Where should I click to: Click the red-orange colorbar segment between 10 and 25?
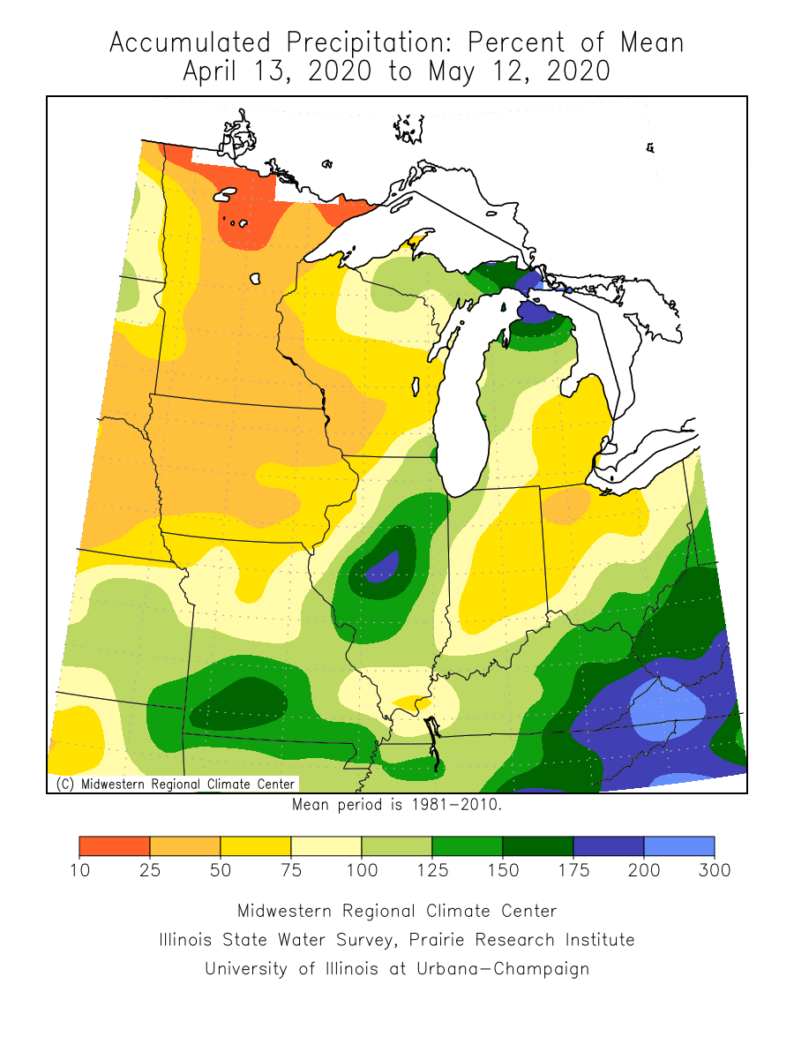point(114,846)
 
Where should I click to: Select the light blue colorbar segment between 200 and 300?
point(678,846)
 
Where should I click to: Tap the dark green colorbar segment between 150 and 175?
point(537,846)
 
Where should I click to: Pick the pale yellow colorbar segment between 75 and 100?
point(326,846)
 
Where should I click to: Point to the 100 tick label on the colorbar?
point(362,870)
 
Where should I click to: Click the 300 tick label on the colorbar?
point(715,870)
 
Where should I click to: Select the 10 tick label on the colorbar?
point(79,870)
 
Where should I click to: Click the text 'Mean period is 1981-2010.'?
point(396,805)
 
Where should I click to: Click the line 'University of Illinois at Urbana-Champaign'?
point(396,968)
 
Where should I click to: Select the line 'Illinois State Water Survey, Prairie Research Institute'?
point(396,940)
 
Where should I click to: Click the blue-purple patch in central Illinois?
point(383,567)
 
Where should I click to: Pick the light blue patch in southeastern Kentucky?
point(668,707)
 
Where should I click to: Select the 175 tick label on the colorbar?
point(573,870)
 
